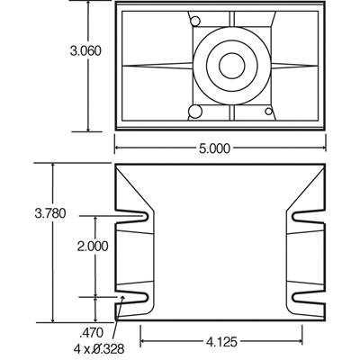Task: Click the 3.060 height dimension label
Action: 85,51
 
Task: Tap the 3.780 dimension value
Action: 49,213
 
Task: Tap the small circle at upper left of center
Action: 193,21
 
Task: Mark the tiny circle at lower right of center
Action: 268,112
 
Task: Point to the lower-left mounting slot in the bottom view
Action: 135,296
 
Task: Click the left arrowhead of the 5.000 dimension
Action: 119,149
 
